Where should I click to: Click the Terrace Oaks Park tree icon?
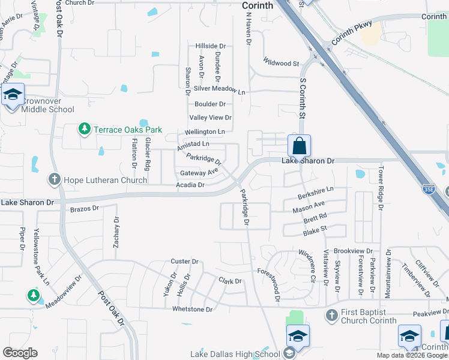point(85,129)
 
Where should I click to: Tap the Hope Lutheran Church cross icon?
point(55,179)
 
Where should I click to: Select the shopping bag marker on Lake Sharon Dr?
point(299,146)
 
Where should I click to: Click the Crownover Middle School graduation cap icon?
point(13,95)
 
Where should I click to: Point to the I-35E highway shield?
point(428,189)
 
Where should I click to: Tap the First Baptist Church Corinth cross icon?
point(331,315)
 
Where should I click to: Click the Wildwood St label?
point(281,63)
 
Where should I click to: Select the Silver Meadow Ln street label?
point(220,89)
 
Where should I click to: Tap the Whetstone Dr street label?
point(192,309)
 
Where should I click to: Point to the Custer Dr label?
point(184,262)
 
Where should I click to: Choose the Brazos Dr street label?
point(84,209)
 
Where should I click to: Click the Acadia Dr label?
point(190,185)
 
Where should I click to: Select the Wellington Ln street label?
point(205,131)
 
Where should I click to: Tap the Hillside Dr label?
point(210,46)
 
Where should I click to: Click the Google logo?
point(20,353)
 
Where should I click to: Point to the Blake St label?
point(315,229)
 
